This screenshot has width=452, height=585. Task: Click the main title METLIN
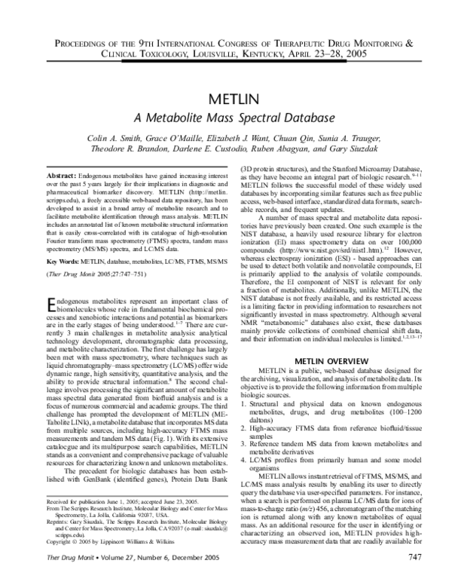[x=225, y=102]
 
